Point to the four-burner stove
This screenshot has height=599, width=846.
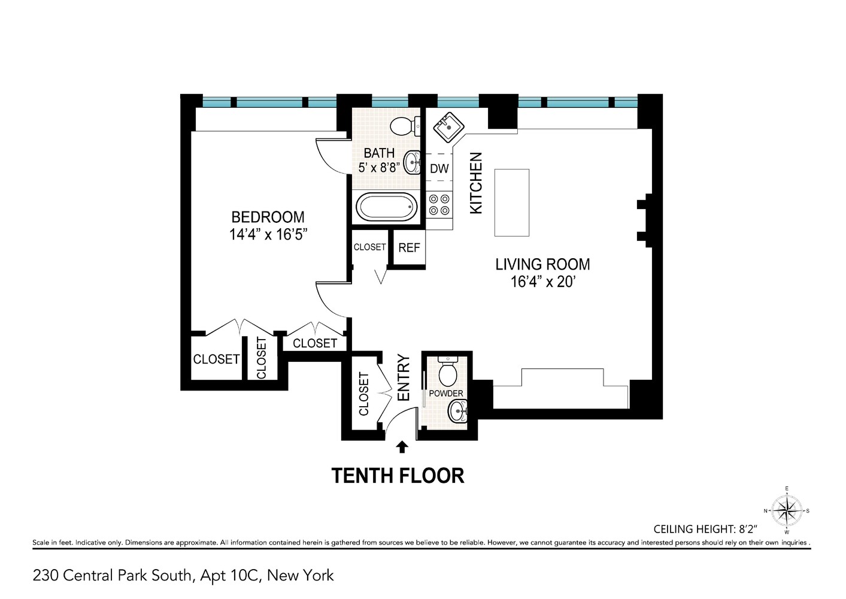439,204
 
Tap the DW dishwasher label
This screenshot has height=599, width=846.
439,169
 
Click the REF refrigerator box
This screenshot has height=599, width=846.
409,247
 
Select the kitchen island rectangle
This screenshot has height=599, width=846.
511,202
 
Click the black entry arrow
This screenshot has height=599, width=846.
402,447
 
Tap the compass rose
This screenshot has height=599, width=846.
786,510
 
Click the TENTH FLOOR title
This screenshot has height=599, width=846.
398,476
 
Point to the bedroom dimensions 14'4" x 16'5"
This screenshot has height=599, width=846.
268,234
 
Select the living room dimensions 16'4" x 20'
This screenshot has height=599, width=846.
542,282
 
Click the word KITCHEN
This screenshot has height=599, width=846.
475,183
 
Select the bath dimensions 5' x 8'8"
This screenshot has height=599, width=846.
379,168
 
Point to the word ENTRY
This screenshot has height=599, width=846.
403,378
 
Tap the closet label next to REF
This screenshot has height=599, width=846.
369,247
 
